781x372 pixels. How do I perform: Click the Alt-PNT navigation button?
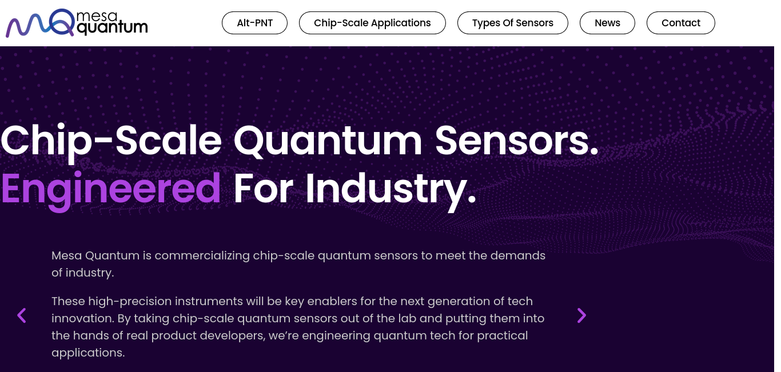coord(254,23)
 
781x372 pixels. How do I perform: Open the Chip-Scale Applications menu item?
coord(372,23)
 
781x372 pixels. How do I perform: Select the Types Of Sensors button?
coord(512,23)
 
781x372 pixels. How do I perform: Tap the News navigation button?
coord(607,23)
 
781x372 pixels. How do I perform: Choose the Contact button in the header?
coord(680,23)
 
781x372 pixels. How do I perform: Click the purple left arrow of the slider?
coord(22,315)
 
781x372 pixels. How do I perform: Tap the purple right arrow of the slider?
coord(581,315)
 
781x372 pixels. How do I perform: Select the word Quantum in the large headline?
coord(328,141)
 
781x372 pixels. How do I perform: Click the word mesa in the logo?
coord(97,15)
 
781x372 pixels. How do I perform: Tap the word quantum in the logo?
coord(112,27)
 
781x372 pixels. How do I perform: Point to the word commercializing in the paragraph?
coord(202,255)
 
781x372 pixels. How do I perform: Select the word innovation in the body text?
coord(83,318)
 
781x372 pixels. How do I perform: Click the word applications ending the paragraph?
coord(88,353)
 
